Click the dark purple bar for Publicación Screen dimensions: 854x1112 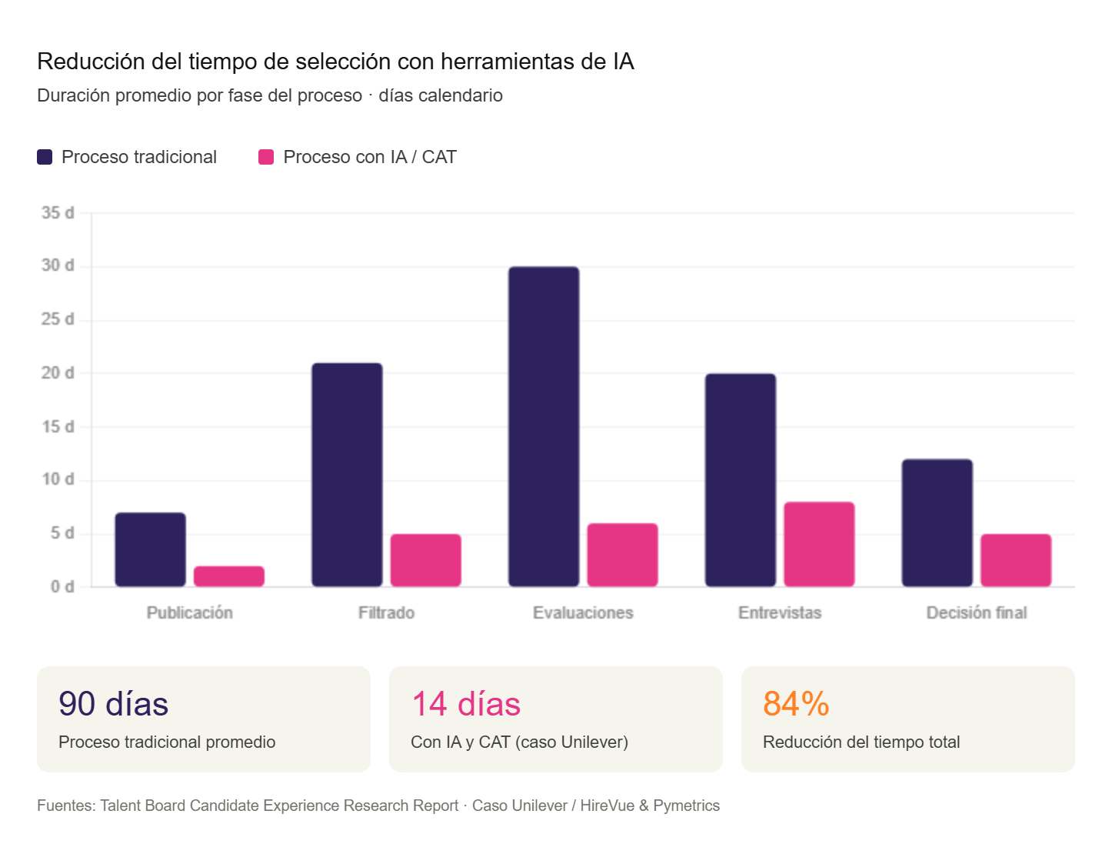click(150, 549)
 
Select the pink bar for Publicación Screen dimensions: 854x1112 click(228, 575)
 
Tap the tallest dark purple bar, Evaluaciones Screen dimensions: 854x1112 click(544, 426)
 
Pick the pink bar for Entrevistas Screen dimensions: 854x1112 click(819, 544)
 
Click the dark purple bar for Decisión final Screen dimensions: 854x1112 click(937, 522)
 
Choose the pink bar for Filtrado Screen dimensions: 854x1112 click(425, 560)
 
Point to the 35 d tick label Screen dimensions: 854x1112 click(58, 212)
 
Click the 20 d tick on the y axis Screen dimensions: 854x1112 click(58, 372)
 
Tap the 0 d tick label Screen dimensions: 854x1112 click(62, 586)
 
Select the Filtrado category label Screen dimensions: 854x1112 click(386, 612)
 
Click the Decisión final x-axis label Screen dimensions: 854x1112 click(976, 612)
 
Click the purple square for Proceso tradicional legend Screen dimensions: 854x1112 click(45, 157)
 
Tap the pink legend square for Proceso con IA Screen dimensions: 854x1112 click(266, 157)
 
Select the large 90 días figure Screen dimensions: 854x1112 click(114, 704)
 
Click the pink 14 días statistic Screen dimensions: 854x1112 click(466, 704)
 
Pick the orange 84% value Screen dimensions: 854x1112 click(796, 704)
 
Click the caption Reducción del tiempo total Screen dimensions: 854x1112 click(861, 742)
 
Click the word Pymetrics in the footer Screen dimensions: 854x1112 click(686, 806)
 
